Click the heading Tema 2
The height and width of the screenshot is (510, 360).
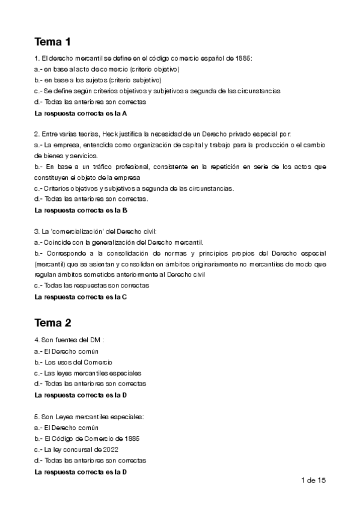click(x=53, y=322)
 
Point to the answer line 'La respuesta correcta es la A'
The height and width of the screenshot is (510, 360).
click(x=81, y=112)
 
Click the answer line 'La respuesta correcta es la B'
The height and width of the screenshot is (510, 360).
click(x=81, y=210)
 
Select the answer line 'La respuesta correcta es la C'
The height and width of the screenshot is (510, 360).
click(x=81, y=296)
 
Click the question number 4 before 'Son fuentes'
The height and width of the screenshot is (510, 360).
click(x=37, y=340)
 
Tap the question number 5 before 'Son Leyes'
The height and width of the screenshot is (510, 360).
click(x=37, y=416)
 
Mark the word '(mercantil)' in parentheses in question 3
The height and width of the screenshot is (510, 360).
click(x=51, y=264)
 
